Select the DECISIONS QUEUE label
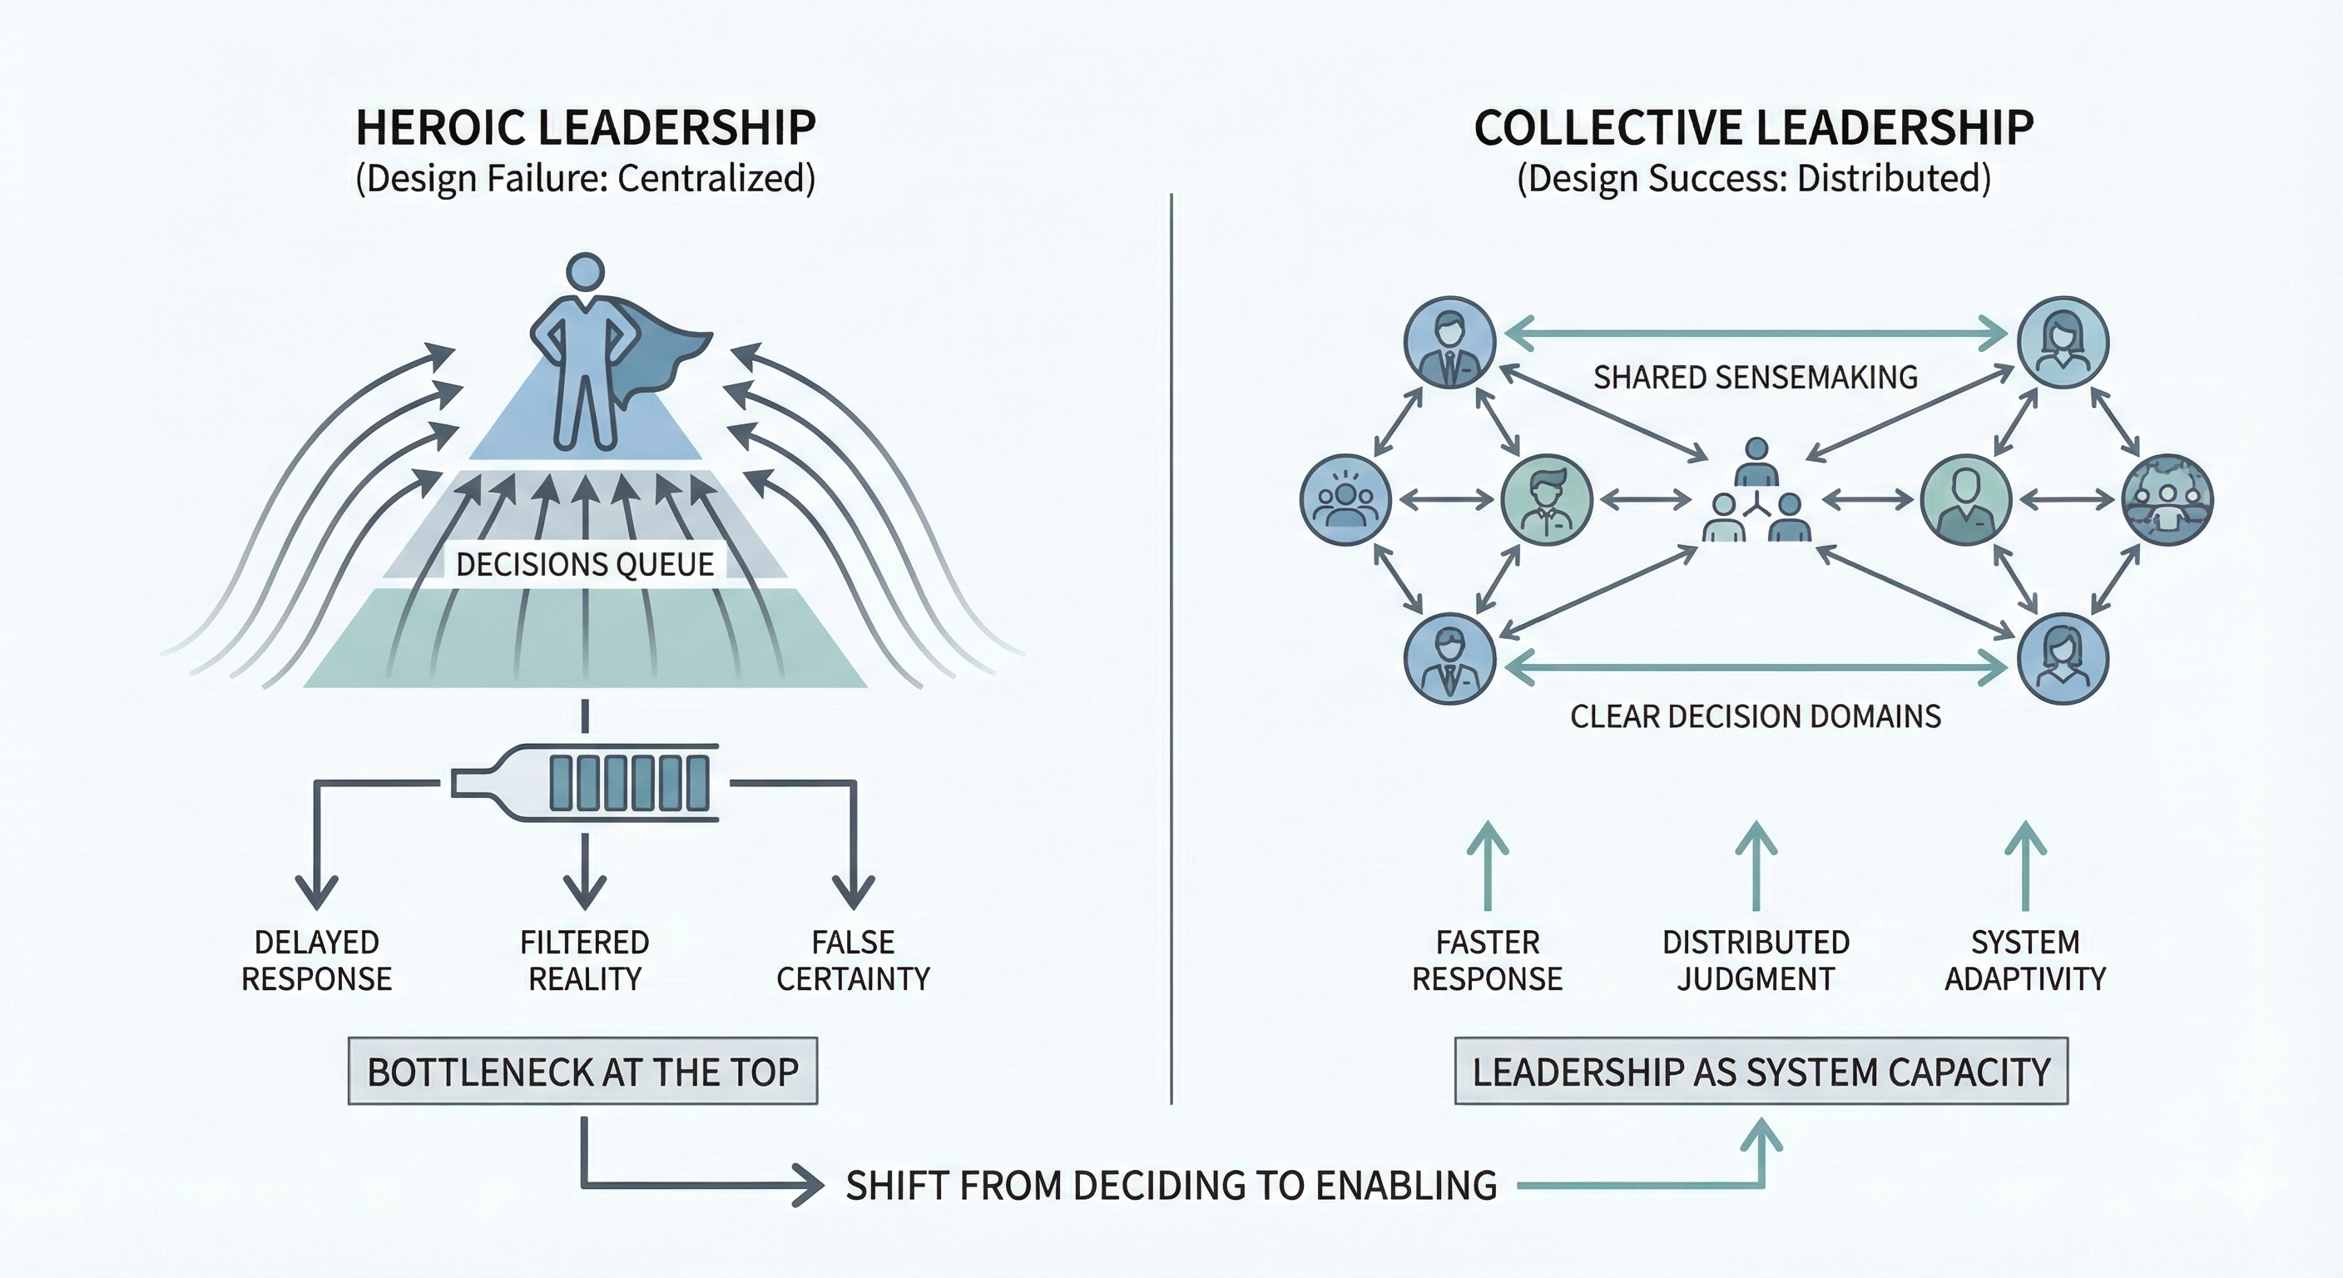(x=585, y=565)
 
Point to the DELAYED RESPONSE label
(x=316, y=960)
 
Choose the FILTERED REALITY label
(x=585, y=960)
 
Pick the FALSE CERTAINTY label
(x=853, y=960)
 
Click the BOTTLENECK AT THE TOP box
(x=583, y=1072)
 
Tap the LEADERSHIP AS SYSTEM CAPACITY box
(x=1761, y=1072)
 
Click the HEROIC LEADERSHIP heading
(x=585, y=128)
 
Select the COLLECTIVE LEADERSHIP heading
(x=1754, y=128)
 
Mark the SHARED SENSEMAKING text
(x=1756, y=378)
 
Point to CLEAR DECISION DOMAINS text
(x=1756, y=716)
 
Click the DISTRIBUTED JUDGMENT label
(x=1756, y=960)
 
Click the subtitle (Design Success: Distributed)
(x=1754, y=178)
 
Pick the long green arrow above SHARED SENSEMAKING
(x=1756, y=334)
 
